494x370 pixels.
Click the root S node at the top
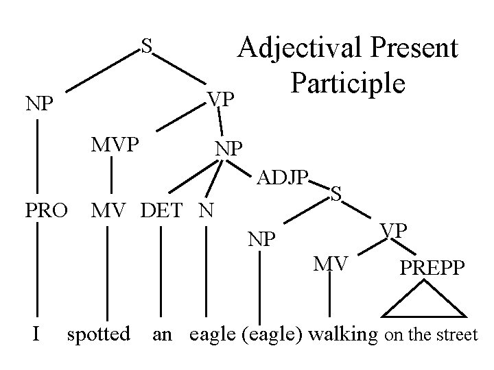[x=146, y=46]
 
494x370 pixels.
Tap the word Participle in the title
[x=347, y=82]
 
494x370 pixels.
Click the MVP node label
[x=116, y=145]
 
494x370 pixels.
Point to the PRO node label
[x=47, y=209]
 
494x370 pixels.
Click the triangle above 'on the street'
[x=423, y=302]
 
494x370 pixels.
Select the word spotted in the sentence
[x=98, y=334]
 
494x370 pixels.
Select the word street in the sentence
[x=458, y=335]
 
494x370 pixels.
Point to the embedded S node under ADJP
[x=336, y=193]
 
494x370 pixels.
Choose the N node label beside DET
[x=204, y=209]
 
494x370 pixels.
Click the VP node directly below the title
[x=222, y=100]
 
